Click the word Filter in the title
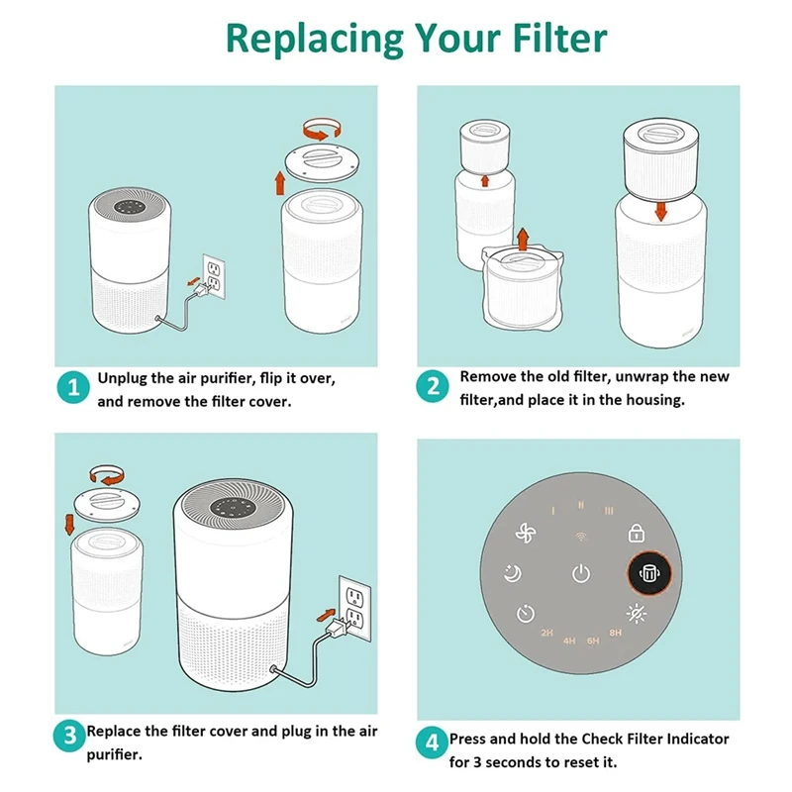[559, 38]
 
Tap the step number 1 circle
[73, 387]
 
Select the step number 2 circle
[433, 386]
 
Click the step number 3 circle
[69, 735]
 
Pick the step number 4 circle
[432, 743]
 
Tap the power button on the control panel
[581, 573]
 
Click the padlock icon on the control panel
[636, 534]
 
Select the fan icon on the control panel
[526, 533]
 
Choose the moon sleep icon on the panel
[513, 573]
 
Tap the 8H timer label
[615, 633]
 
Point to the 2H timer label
[546, 633]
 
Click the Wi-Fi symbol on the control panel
[581, 537]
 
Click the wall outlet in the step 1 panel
[214, 276]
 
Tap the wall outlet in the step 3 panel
[355, 607]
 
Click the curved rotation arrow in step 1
[322, 129]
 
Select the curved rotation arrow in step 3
[107, 475]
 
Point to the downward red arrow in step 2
[660, 210]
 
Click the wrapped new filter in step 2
[523, 289]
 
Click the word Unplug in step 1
[121, 379]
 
